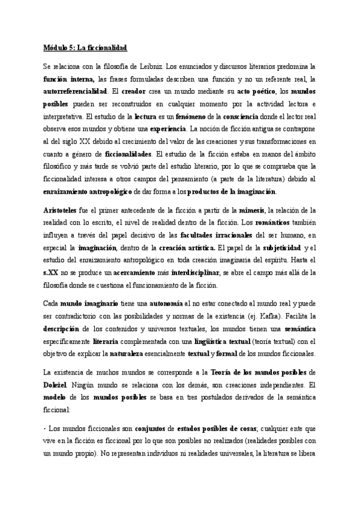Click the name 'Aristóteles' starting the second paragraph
64,209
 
